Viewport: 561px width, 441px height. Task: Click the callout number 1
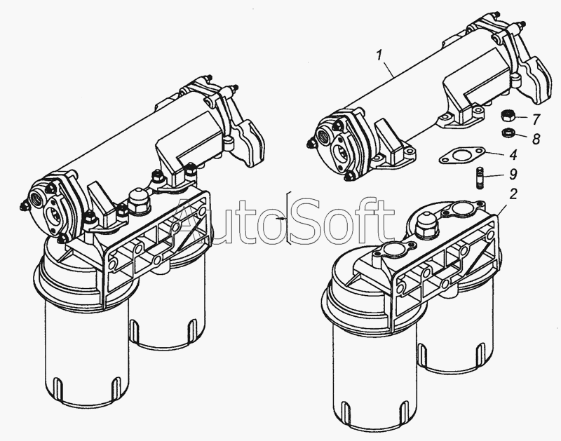coord(379,56)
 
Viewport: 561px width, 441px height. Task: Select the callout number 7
coord(536,119)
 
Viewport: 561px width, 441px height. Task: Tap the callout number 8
coord(536,138)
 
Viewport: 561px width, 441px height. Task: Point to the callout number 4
coord(513,155)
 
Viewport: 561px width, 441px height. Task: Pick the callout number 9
coord(513,174)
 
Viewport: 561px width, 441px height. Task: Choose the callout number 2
coord(513,194)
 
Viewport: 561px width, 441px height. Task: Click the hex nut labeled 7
coord(506,116)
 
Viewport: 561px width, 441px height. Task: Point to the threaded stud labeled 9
coord(481,177)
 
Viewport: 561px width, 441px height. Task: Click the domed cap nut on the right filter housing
coord(425,224)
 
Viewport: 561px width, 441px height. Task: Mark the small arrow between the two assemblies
coord(280,218)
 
